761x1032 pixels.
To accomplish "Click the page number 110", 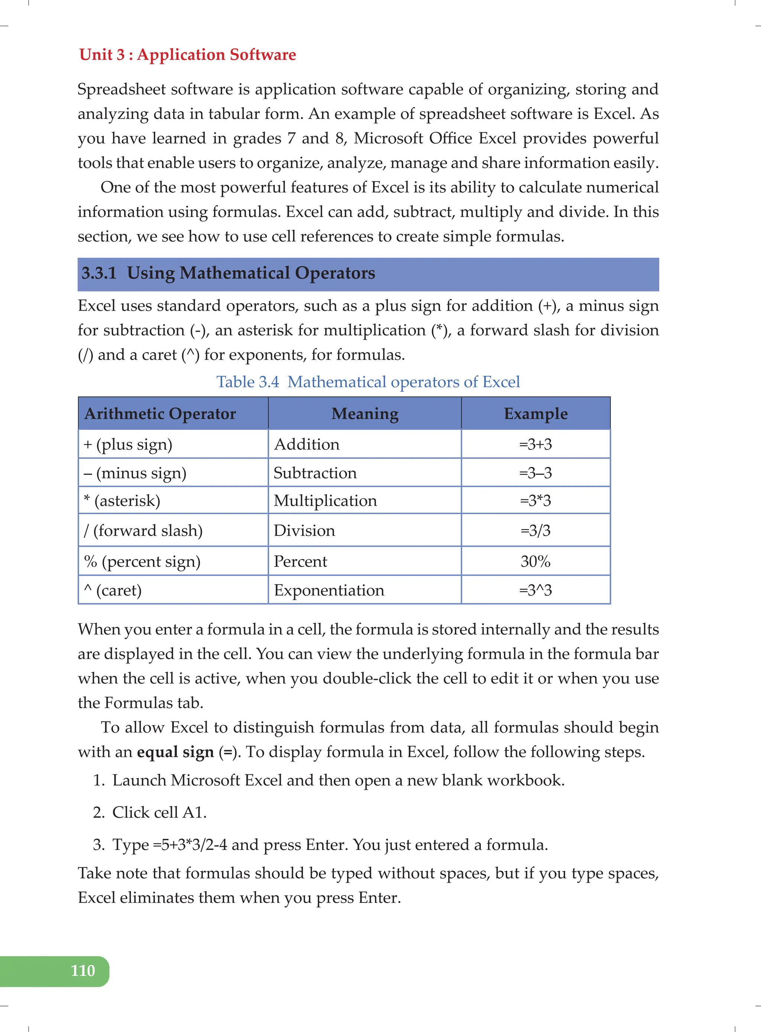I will (83, 970).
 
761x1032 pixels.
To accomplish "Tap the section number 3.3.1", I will (99, 273).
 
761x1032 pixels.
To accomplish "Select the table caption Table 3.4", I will (248, 382).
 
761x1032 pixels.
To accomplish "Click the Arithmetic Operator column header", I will (160, 413).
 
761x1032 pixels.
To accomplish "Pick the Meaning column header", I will (365, 413).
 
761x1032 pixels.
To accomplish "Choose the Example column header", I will (535, 413).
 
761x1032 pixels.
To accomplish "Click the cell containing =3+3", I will (535, 444).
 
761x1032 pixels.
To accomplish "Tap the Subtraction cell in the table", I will (315, 473).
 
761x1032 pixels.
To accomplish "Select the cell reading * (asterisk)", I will (122, 500).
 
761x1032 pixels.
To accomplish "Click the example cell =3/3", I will (535, 530).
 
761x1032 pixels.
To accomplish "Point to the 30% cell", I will (535, 561).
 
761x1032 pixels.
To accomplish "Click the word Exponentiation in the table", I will (329, 590).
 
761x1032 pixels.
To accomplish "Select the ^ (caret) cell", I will (113, 590).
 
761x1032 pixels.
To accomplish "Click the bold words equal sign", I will (175, 752).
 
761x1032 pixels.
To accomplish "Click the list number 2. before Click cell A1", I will (98, 812).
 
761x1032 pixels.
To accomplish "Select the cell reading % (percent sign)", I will (142, 561).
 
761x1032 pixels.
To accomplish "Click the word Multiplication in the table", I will (325, 500).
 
